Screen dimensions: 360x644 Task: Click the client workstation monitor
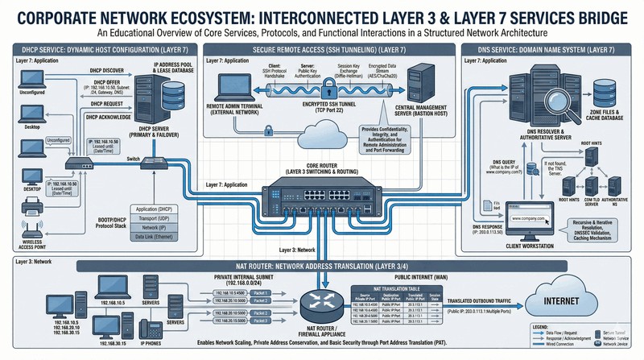tap(524, 219)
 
